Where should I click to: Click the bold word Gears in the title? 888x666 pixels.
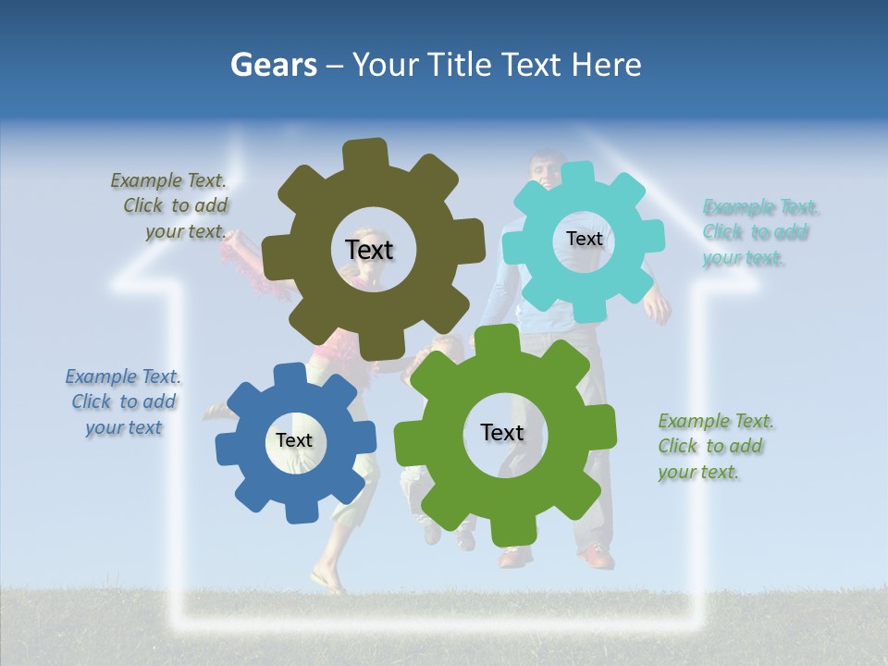click(x=274, y=65)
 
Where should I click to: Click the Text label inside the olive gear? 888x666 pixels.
click(x=369, y=250)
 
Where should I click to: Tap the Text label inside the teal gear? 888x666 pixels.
click(x=584, y=239)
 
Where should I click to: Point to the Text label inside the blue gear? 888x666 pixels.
click(x=294, y=441)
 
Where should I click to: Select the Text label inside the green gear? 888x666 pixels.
click(x=502, y=432)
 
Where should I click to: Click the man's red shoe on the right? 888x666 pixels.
click(x=597, y=557)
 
